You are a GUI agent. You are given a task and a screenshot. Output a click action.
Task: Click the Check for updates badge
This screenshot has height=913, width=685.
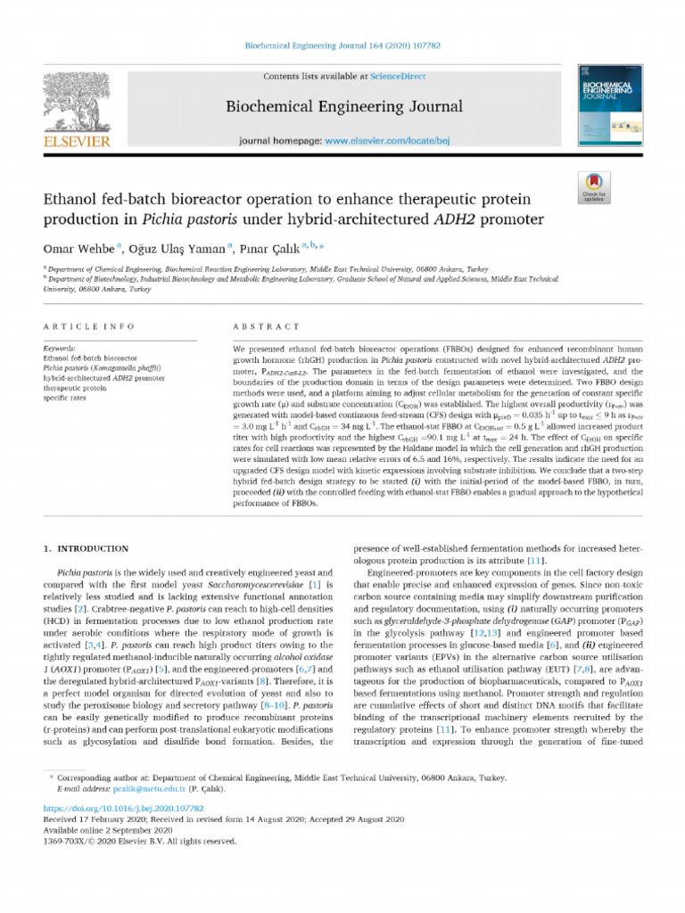click(x=617, y=185)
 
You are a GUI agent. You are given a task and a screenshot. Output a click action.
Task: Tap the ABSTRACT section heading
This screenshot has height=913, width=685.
click(x=259, y=326)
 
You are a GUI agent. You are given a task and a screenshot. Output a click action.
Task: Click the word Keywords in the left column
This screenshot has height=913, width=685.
click(x=60, y=348)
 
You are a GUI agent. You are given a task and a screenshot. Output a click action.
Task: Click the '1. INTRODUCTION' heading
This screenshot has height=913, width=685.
click(x=87, y=549)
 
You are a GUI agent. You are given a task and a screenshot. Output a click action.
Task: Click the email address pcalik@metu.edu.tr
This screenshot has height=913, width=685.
click(x=149, y=789)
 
